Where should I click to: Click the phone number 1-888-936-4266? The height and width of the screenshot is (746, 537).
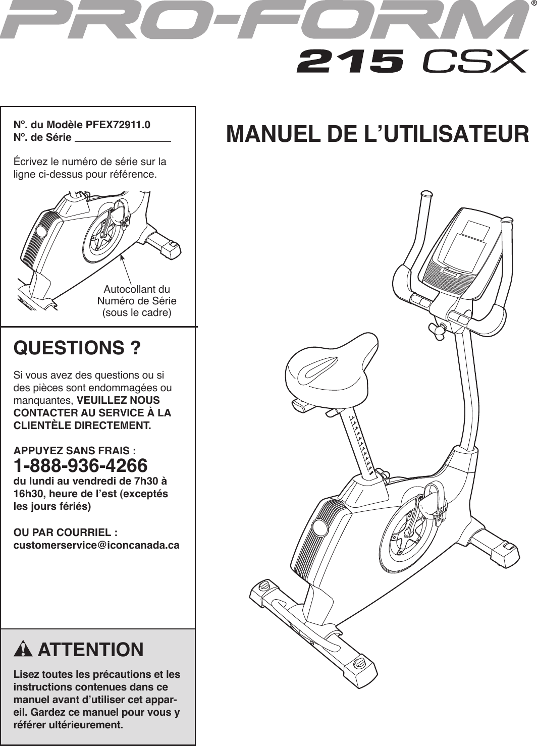[80, 465]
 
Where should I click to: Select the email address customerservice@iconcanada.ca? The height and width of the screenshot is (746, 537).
[96, 546]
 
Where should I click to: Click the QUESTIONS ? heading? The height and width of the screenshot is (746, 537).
[77, 348]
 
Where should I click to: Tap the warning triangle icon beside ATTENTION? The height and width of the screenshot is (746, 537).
[23, 650]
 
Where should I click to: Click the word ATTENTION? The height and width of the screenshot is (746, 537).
[91, 650]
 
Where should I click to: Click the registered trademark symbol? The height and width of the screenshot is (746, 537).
[533, 5]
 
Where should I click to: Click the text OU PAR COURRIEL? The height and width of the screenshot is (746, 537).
[66, 532]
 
